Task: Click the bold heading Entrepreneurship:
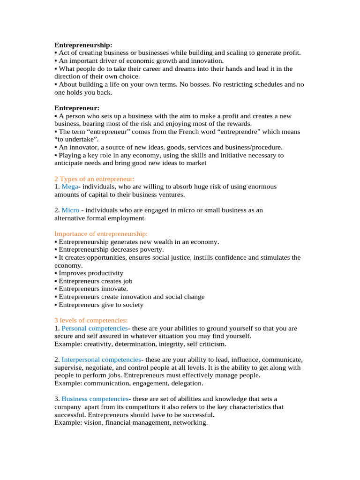pyautogui.click(x=83, y=45)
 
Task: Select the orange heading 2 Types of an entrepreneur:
pyautogui.click(x=94, y=179)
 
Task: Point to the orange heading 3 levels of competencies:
pyautogui.click(x=88, y=321)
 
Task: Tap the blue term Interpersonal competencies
pyautogui.click(x=101, y=360)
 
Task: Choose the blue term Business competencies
pyautogui.click(x=95, y=399)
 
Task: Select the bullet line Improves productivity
pyautogui.click(x=91, y=273)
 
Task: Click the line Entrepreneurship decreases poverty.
pyautogui.click(x=111, y=250)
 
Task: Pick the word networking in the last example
pyautogui.click(x=190, y=423)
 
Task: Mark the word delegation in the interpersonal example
pyautogui.click(x=187, y=383)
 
